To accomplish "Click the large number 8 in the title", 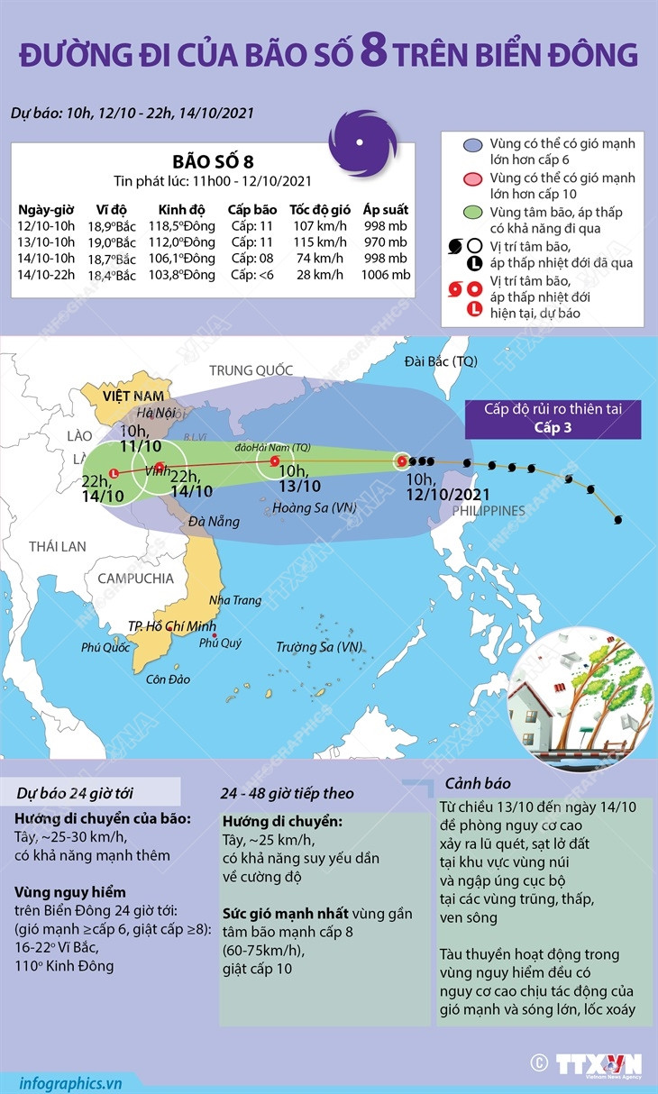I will [374, 53].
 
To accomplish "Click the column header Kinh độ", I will [180, 210].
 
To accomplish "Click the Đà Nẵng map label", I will [213, 522].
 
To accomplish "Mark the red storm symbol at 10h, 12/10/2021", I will [402, 461].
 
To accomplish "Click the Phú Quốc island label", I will [105, 646].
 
